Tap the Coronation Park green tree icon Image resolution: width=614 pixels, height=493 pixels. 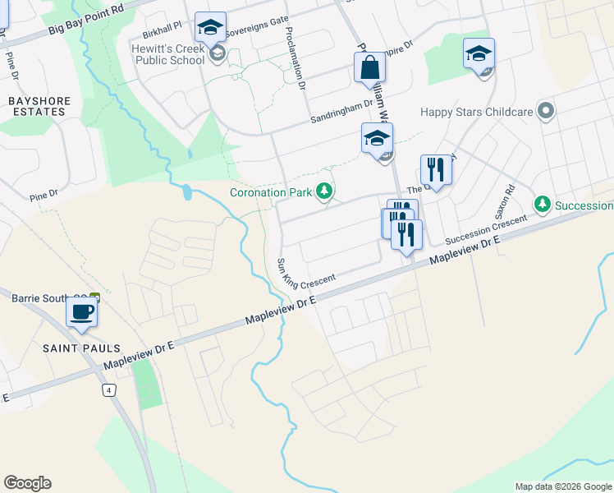pyautogui.click(x=325, y=191)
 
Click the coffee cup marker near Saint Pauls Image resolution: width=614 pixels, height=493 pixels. pyautogui.click(x=81, y=312)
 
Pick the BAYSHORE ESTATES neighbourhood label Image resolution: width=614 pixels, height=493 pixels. pyautogui.click(x=39, y=107)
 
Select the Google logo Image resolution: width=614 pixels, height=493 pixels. pyautogui.click(x=27, y=483)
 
